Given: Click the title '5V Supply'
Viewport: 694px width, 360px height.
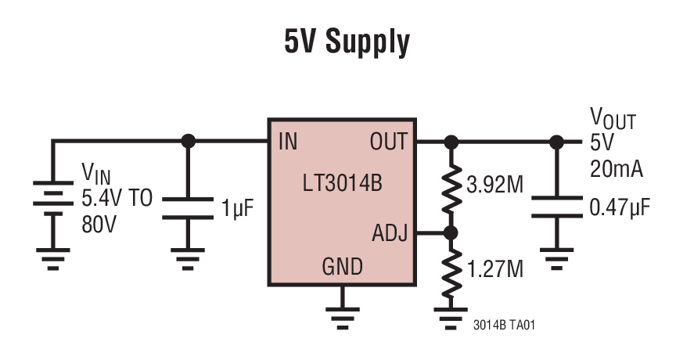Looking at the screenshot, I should point(347,43).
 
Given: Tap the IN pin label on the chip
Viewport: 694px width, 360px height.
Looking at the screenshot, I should point(286,142).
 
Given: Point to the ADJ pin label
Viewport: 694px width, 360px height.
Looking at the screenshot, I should point(389,233).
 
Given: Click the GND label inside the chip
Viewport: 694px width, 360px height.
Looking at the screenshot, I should point(342,268).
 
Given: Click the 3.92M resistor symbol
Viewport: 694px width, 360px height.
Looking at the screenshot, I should point(451,187).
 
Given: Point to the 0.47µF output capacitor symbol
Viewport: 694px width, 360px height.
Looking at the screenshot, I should point(556,207).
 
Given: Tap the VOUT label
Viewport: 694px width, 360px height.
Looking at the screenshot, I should point(612,121).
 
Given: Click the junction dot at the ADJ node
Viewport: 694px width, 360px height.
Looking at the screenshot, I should point(451,233).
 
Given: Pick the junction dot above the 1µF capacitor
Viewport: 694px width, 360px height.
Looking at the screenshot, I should point(188,142).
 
